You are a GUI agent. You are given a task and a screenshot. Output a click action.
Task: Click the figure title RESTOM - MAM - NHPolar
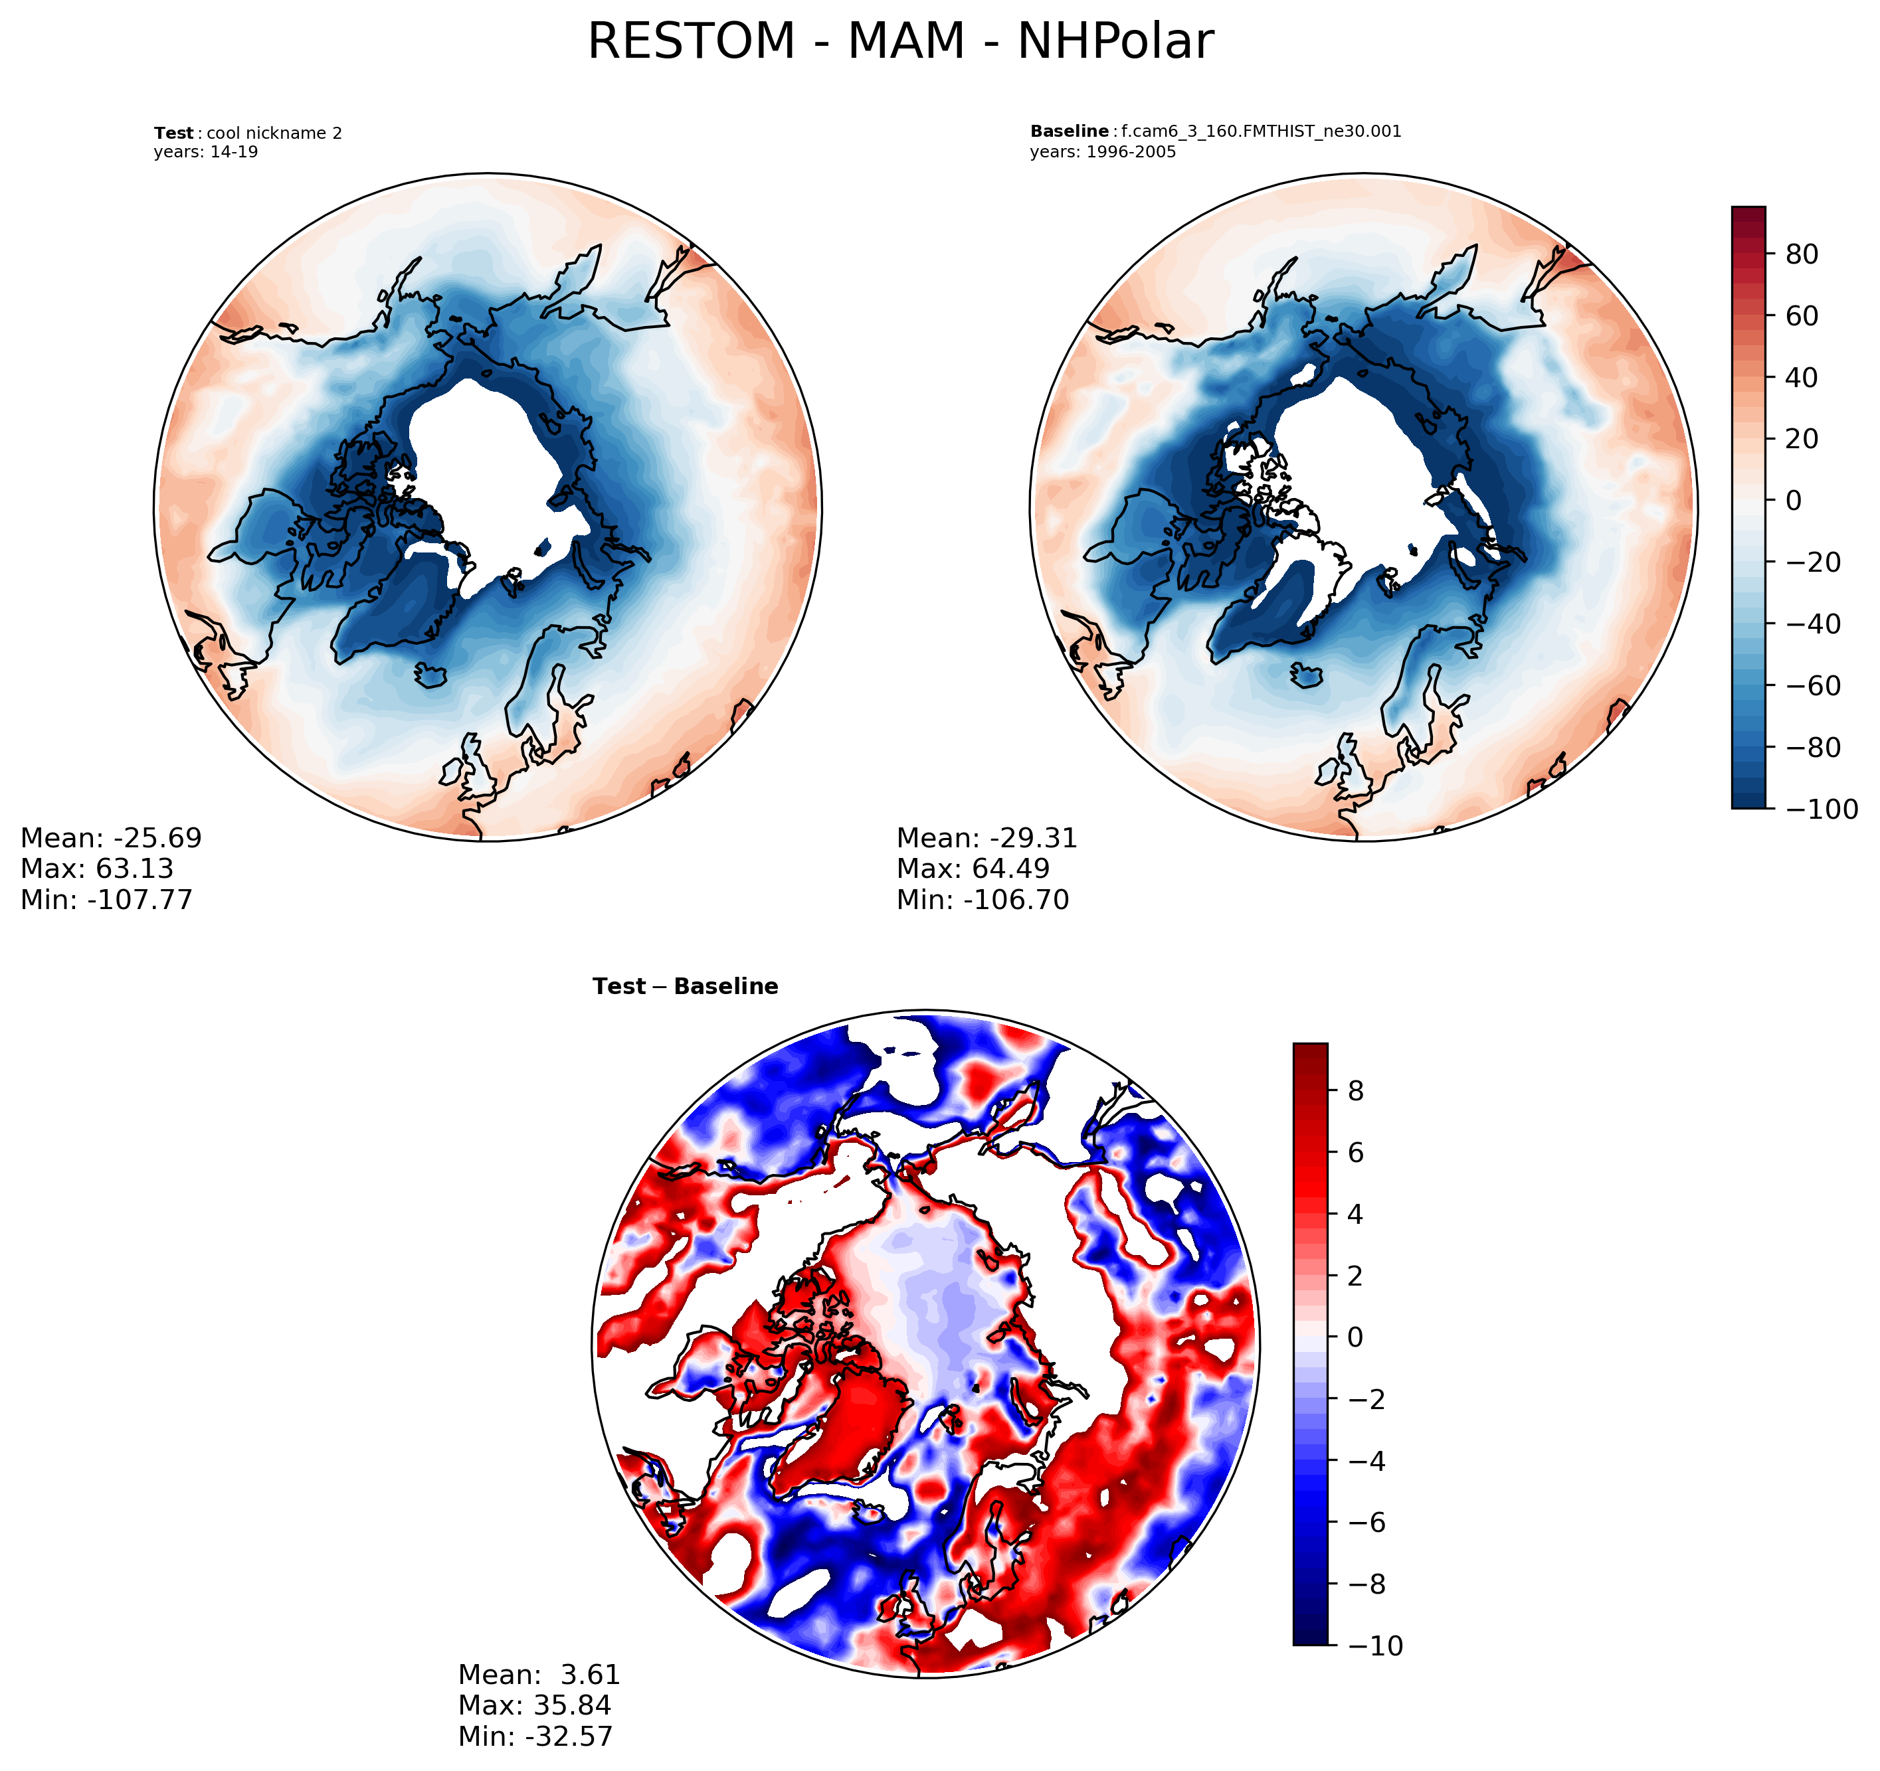point(899,42)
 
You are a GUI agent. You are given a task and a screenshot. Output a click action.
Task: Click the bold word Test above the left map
point(173,133)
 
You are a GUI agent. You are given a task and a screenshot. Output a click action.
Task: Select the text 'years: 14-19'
point(205,152)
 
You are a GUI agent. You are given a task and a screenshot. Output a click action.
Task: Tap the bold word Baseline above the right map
point(1069,131)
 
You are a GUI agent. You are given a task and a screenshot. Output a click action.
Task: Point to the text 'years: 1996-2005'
point(1103,152)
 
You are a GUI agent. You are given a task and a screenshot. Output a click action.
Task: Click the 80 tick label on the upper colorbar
point(1802,254)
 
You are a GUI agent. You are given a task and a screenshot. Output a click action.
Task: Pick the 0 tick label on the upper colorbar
point(1793,501)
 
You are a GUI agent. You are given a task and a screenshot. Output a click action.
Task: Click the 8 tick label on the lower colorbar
point(1355,1091)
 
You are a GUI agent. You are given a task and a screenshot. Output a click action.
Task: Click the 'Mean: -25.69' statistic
point(111,839)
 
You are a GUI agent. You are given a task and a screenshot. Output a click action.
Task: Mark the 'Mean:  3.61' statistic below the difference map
point(539,1675)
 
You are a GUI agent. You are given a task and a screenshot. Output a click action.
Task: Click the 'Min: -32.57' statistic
point(535,1737)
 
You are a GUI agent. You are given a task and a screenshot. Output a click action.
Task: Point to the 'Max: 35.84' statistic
point(534,1706)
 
